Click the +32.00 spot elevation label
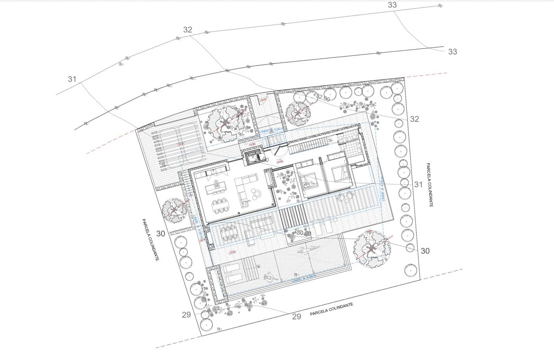[x=322, y=98]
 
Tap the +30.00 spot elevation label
[x=303, y=233]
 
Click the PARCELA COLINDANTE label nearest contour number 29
[x=331, y=309]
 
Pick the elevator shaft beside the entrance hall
[x=253, y=158]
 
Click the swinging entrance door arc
[x=279, y=151]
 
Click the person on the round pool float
[x=269, y=277]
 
